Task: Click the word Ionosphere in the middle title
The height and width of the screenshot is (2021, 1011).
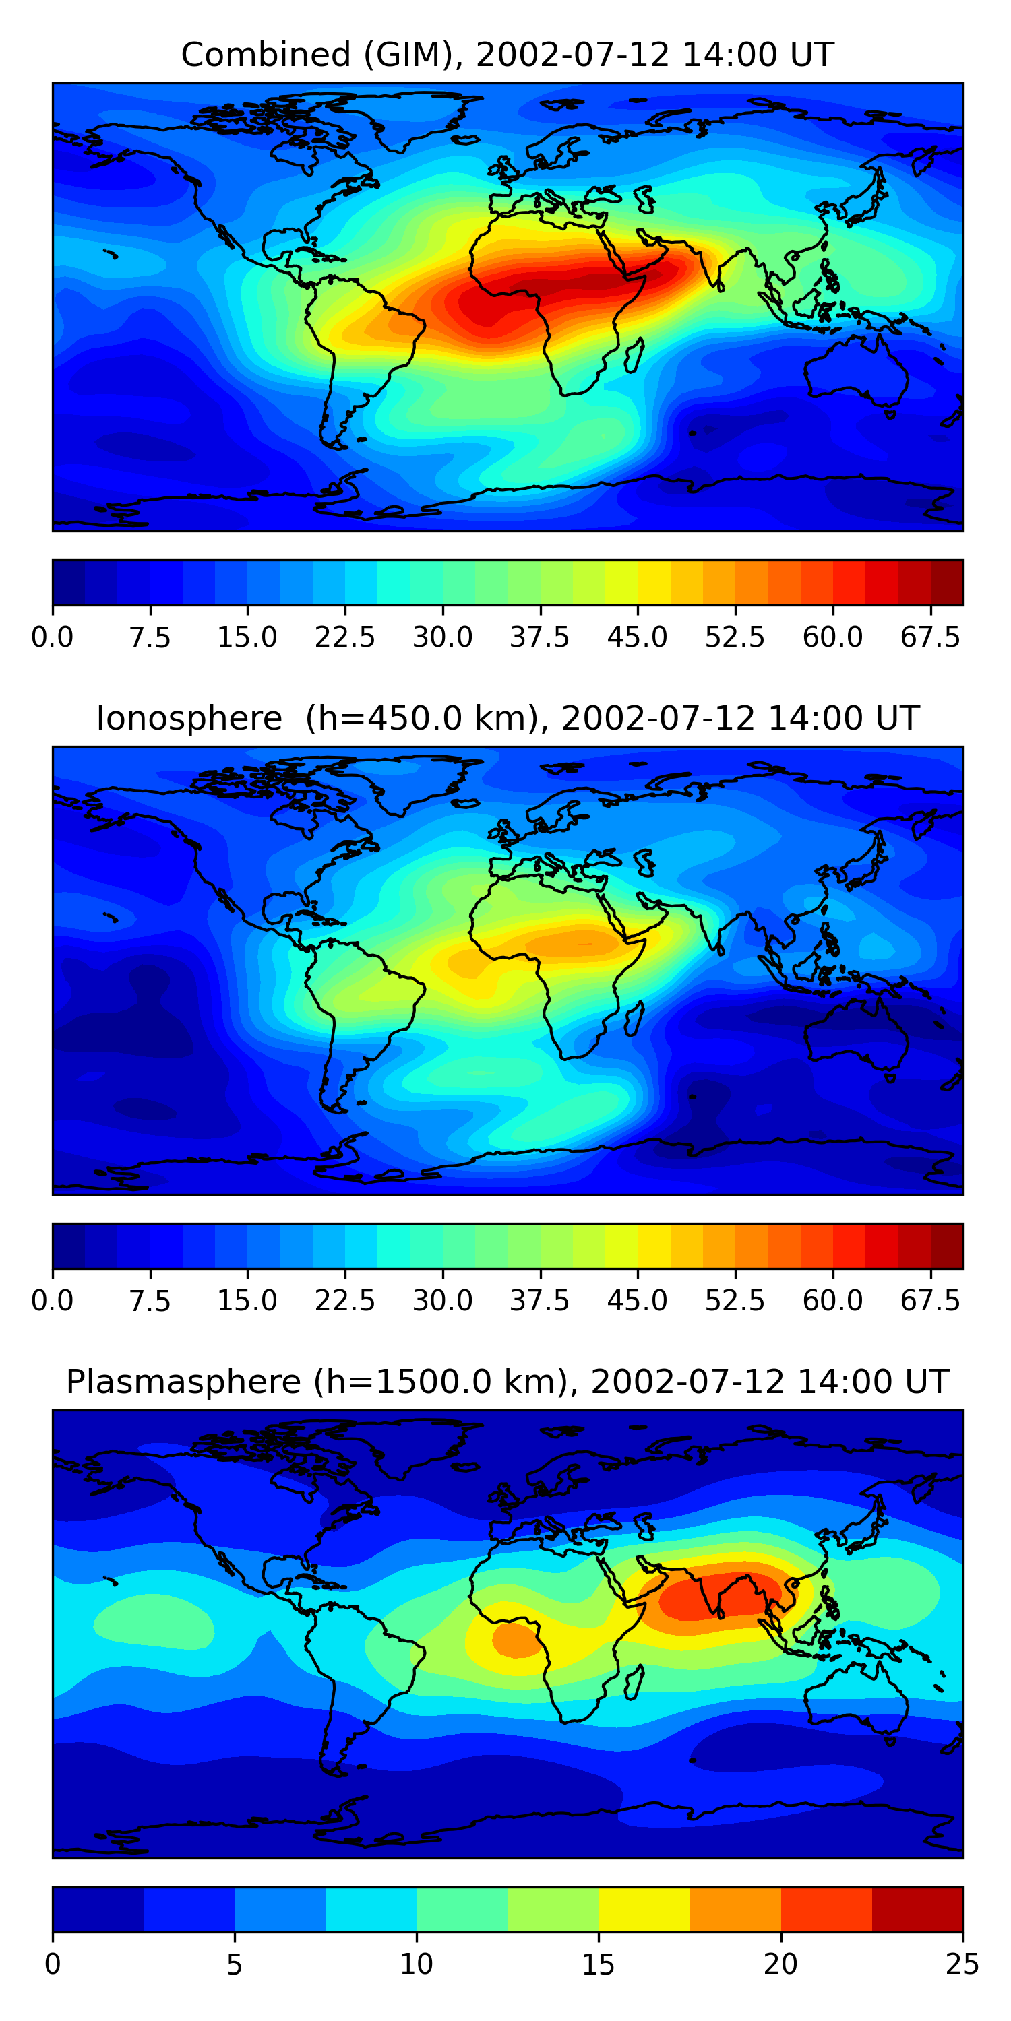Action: pyautogui.click(x=189, y=719)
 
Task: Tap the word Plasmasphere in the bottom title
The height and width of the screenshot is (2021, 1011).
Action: pyautogui.click(x=183, y=1382)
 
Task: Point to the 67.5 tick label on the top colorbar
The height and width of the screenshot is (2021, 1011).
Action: pyautogui.click(x=930, y=637)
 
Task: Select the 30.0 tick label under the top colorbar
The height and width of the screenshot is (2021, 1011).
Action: pyautogui.click(x=443, y=637)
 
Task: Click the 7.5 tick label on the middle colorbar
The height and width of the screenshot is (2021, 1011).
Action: pyautogui.click(x=150, y=1301)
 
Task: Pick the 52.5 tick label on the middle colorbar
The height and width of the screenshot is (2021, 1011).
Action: pyautogui.click(x=735, y=1301)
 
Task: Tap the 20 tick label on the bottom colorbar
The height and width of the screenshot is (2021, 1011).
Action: pyautogui.click(x=780, y=1964)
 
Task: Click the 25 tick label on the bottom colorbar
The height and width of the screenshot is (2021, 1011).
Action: pyautogui.click(x=962, y=1964)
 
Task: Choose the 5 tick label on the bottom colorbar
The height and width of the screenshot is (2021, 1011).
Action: pyautogui.click(x=234, y=1964)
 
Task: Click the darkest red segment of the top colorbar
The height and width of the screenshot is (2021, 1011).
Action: pyautogui.click(x=947, y=582)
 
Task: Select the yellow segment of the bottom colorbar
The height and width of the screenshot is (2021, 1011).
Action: pyautogui.click(x=644, y=1908)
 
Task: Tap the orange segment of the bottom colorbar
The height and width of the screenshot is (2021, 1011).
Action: pyautogui.click(x=735, y=1908)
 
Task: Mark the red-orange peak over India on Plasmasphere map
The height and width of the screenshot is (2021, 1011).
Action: pyautogui.click(x=718, y=1593)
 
